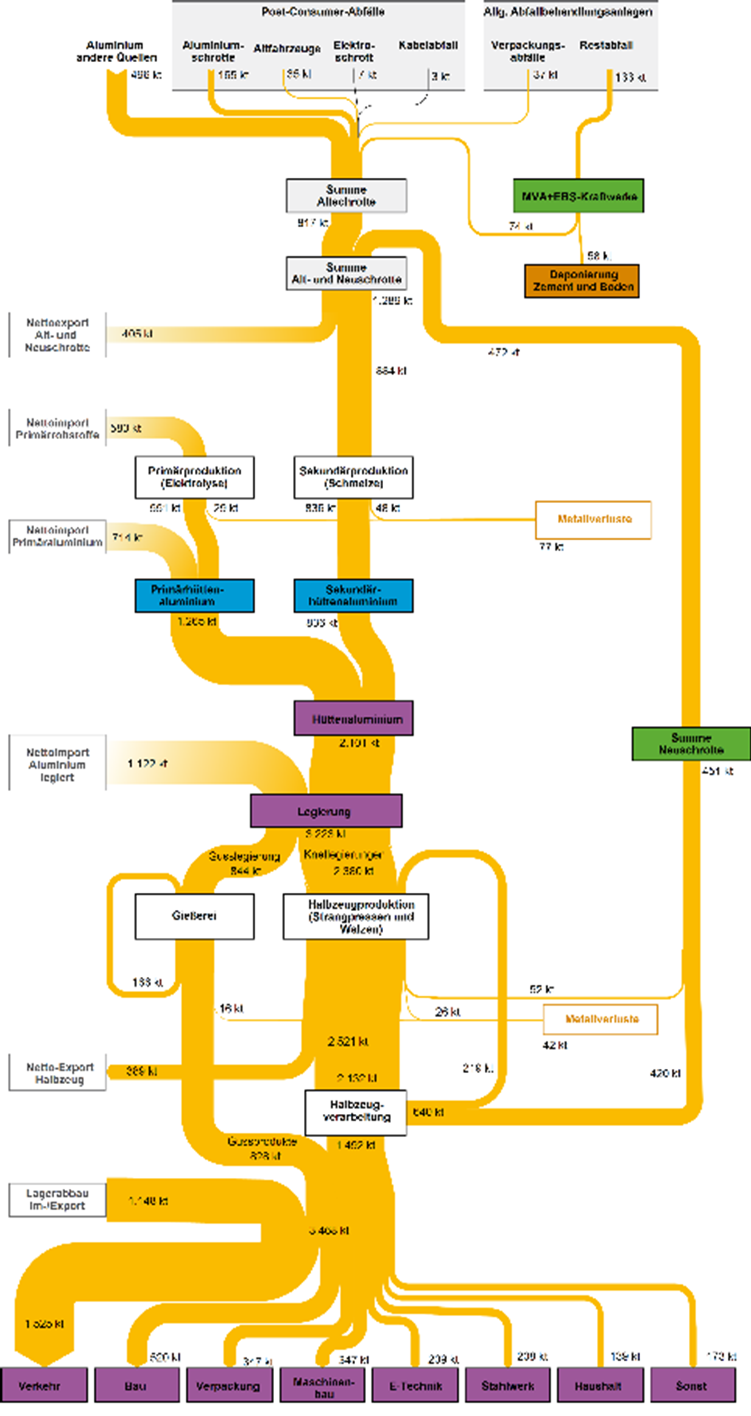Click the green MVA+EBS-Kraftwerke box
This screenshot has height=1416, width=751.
[579, 196]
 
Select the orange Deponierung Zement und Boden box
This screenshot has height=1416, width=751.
[582, 281]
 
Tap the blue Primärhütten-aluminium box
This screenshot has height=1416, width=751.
[195, 596]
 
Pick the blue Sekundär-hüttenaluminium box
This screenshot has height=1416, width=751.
[354, 596]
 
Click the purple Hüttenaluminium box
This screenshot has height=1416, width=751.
[354, 719]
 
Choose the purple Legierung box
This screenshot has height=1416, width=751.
[326, 811]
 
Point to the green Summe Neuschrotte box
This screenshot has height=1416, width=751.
[691, 744]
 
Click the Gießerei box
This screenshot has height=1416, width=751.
[195, 916]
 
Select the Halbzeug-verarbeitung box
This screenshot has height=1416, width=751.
[356, 1113]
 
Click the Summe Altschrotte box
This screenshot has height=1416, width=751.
[347, 196]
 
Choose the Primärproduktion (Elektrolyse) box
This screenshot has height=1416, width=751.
[195, 477]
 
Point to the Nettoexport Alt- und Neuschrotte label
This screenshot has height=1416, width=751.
[57, 335]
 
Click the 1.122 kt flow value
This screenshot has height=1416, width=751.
[147, 764]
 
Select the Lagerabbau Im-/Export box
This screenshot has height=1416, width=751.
[57, 1200]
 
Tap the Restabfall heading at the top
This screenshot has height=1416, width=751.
[606, 46]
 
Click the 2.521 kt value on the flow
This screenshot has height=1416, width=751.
[348, 1042]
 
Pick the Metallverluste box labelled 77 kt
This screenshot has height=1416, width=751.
[593, 520]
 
